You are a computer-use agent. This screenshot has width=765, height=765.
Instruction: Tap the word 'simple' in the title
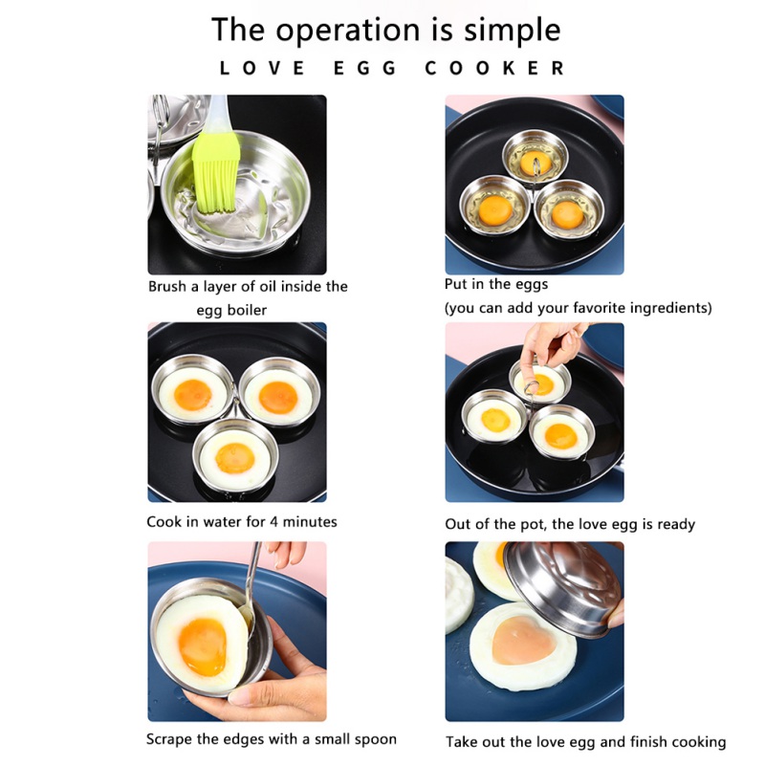coord(512,31)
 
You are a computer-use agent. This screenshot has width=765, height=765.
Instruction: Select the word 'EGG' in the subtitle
coord(365,68)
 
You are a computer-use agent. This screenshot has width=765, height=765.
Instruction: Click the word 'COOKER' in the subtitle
coord(494,68)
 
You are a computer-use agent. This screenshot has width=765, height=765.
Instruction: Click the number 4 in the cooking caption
coord(273,522)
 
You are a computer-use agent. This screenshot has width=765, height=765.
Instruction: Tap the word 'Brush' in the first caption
coord(167,286)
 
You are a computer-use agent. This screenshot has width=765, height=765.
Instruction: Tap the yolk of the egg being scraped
coord(203,647)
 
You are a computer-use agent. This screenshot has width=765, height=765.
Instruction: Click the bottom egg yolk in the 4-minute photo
coord(235,458)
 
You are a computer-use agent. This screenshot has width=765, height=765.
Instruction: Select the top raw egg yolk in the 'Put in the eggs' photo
coord(535,164)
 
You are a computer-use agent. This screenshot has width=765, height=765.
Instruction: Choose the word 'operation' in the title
coord(347,31)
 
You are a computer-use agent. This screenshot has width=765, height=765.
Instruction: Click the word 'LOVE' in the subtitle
coord(262,68)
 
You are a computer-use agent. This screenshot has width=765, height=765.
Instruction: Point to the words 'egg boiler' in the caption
coord(231,311)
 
